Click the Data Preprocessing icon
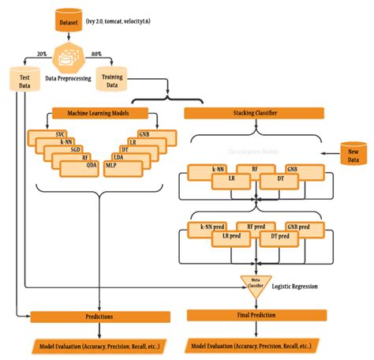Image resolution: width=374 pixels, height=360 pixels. click(x=72, y=58)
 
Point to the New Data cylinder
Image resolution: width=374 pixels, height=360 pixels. click(x=352, y=154)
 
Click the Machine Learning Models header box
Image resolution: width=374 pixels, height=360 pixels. click(x=101, y=113)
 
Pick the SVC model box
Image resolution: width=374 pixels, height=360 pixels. click(x=59, y=134)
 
